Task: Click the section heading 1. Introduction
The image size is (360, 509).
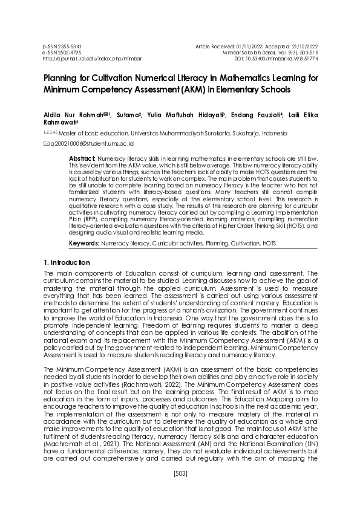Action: point(67,263)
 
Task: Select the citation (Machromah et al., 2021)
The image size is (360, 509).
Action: point(81,446)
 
